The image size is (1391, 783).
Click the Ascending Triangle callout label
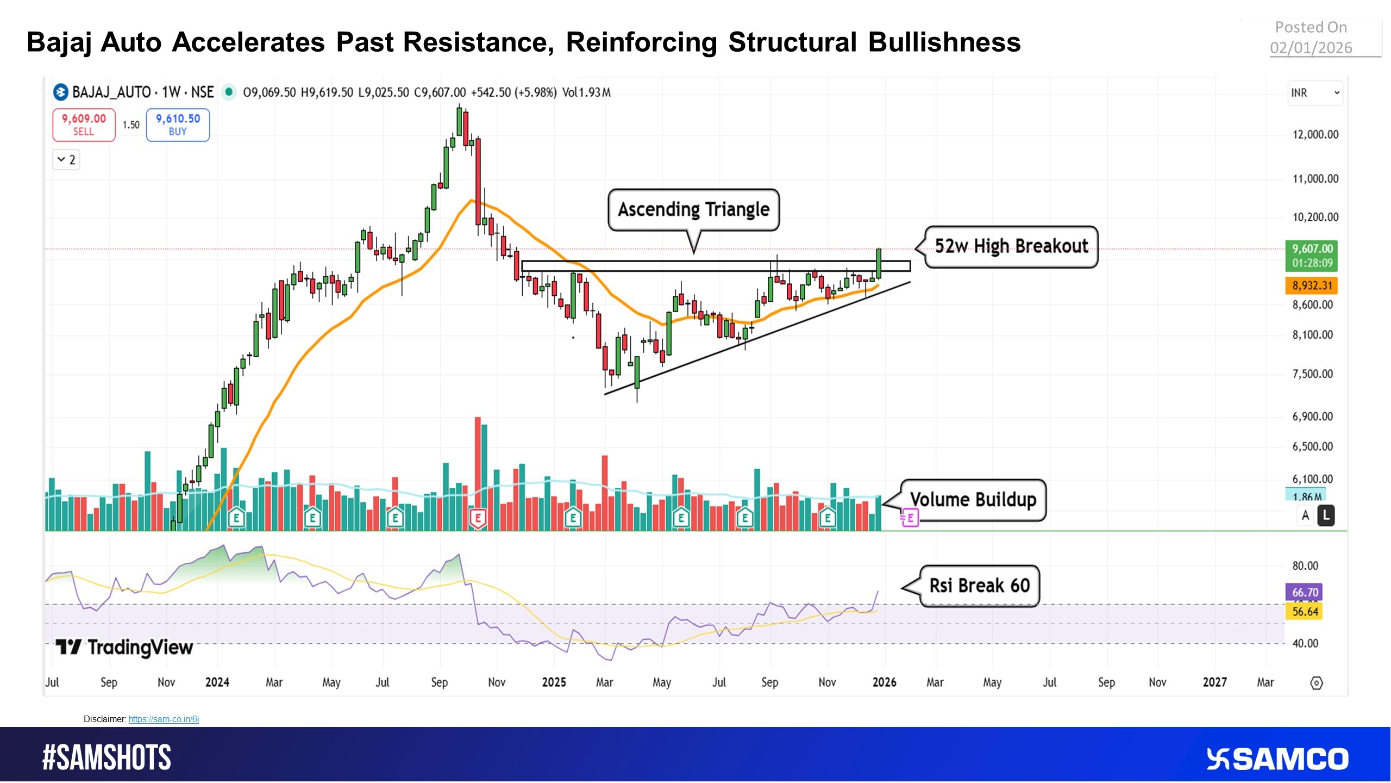pos(693,209)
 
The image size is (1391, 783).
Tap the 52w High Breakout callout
pos(1011,246)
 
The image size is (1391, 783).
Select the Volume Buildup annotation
pos(973,499)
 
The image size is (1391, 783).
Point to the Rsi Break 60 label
pos(979,586)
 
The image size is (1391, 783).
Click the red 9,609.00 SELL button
pos(84,125)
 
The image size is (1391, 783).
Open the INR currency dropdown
pos(1314,92)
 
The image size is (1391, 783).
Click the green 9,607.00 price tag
pos(1312,255)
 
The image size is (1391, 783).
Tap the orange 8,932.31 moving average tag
pos(1312,285)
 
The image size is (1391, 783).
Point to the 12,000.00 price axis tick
pos(1315,134)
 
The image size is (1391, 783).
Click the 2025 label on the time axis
pos(554,682)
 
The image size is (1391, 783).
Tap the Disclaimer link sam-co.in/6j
pos(164,719)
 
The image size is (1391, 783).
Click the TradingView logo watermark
pos(124,647)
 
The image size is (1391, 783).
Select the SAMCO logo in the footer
pos(1277,759)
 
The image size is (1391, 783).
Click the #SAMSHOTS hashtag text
pos(106,757)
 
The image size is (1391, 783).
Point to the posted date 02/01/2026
pos(1311,48)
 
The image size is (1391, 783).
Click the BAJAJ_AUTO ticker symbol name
pos(111,92)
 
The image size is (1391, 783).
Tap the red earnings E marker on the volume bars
pos(478,518)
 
